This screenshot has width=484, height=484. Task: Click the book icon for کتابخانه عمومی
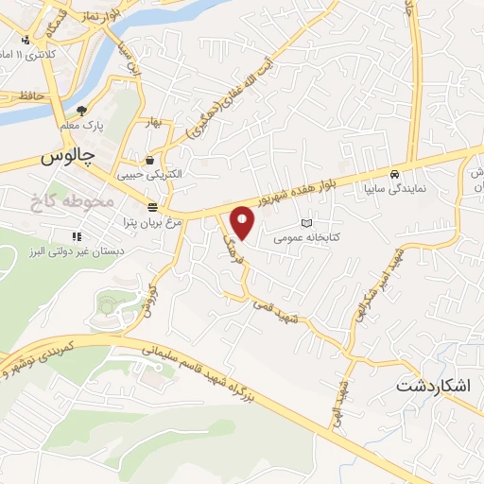click(x=303, y=223)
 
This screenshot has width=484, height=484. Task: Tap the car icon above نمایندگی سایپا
click(x=394, y=175)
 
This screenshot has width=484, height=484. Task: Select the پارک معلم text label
click(x=83, y=124)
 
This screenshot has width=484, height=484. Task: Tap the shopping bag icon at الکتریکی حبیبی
click(x=149, y=160)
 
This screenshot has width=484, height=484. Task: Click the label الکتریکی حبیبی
click(x=149, y=175)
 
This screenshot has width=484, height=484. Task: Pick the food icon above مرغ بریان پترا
click(x=153, y=207)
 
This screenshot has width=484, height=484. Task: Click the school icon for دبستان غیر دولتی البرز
click(x=76, y=236)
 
